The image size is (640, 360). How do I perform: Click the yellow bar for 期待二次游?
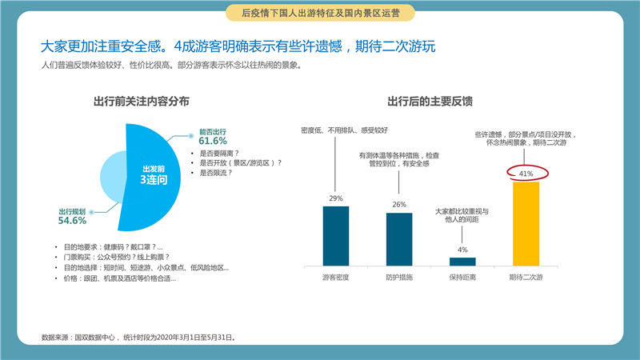pyautogui.click(x=526, y=224)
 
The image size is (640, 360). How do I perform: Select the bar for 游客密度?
pyautogui.click(x=336, y=236)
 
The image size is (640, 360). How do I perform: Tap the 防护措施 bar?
pyautogui.click(x=399, y=239)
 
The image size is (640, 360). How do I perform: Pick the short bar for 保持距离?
pyautogui.click(x=462, y=262)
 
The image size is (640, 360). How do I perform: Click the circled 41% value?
pyautogui.click(x=526, y=174)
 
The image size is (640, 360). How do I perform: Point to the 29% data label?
pyautogui.click(x=336, y=198)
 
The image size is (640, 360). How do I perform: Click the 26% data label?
pyautogui.click(x=399, y=205)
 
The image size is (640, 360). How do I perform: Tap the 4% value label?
pyautogui.click(x=462, y=250)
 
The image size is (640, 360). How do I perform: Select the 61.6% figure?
pyautogui.click(x=213, y=141)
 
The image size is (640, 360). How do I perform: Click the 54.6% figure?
pyautogui.click(x=72, y=221)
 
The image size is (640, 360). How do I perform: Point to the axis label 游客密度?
pyautogui.click(x=335, y=278)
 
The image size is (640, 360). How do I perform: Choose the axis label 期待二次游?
pyautogui.click(x=526, y=278)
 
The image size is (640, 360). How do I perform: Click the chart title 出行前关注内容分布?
pyautogui.click(x=142, y=102)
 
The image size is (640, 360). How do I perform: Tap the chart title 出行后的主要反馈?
pyautogui.click(x=430, y=102)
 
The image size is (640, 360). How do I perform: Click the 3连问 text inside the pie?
pyautogui.click(x=154, y=179)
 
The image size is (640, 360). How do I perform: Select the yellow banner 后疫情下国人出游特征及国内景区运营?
pyautogui.click(x=321, y=13)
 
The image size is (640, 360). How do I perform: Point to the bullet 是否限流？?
pyautogui.click(x=216, y=173)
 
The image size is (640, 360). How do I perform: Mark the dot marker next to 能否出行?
pyautogui.click(x=190, y=136)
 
